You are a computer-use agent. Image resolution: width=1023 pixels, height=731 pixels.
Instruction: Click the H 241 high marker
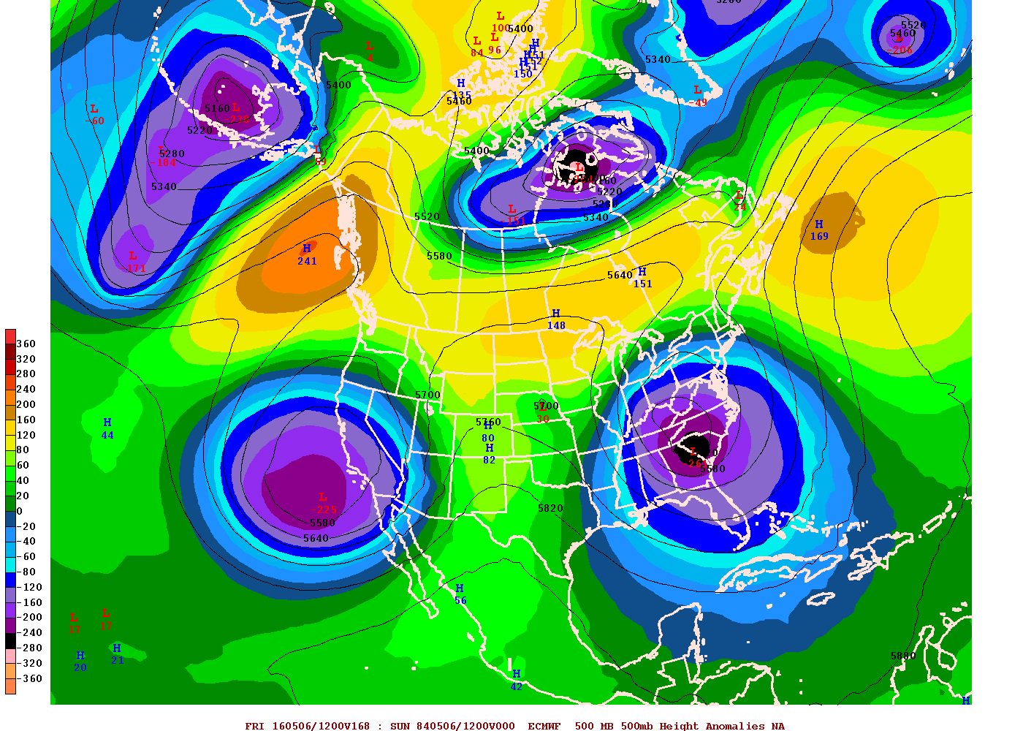point(307,254)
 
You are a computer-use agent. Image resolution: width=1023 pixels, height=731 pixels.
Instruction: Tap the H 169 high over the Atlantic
point(819,230)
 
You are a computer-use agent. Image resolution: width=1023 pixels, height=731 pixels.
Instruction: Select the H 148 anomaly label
point(556,319)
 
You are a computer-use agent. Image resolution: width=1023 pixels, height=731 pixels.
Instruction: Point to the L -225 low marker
point(323,504)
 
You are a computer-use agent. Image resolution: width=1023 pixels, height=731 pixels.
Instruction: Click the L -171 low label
point(134,262)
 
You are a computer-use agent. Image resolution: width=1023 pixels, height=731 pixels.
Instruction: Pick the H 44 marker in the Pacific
point(107,428)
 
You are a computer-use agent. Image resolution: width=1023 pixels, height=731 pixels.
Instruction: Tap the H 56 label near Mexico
point(460,594)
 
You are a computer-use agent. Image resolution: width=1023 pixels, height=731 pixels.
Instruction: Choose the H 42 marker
point(516,680)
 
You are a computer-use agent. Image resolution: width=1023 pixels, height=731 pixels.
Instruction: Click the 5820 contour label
point(550,508)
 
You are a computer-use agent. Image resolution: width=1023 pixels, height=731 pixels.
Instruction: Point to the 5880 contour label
point(903,656)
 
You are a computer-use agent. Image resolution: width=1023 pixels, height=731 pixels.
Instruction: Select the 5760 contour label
point(488,422)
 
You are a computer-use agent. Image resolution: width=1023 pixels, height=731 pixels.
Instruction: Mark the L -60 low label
point(95,115)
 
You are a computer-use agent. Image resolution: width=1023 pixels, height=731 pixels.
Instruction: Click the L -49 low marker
point(699,96)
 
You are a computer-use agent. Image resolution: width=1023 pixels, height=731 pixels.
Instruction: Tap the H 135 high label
point(461,89)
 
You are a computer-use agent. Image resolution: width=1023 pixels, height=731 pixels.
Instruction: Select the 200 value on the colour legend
point(26,404)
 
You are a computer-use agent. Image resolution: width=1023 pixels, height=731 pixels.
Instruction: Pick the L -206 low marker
point(901,45)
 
